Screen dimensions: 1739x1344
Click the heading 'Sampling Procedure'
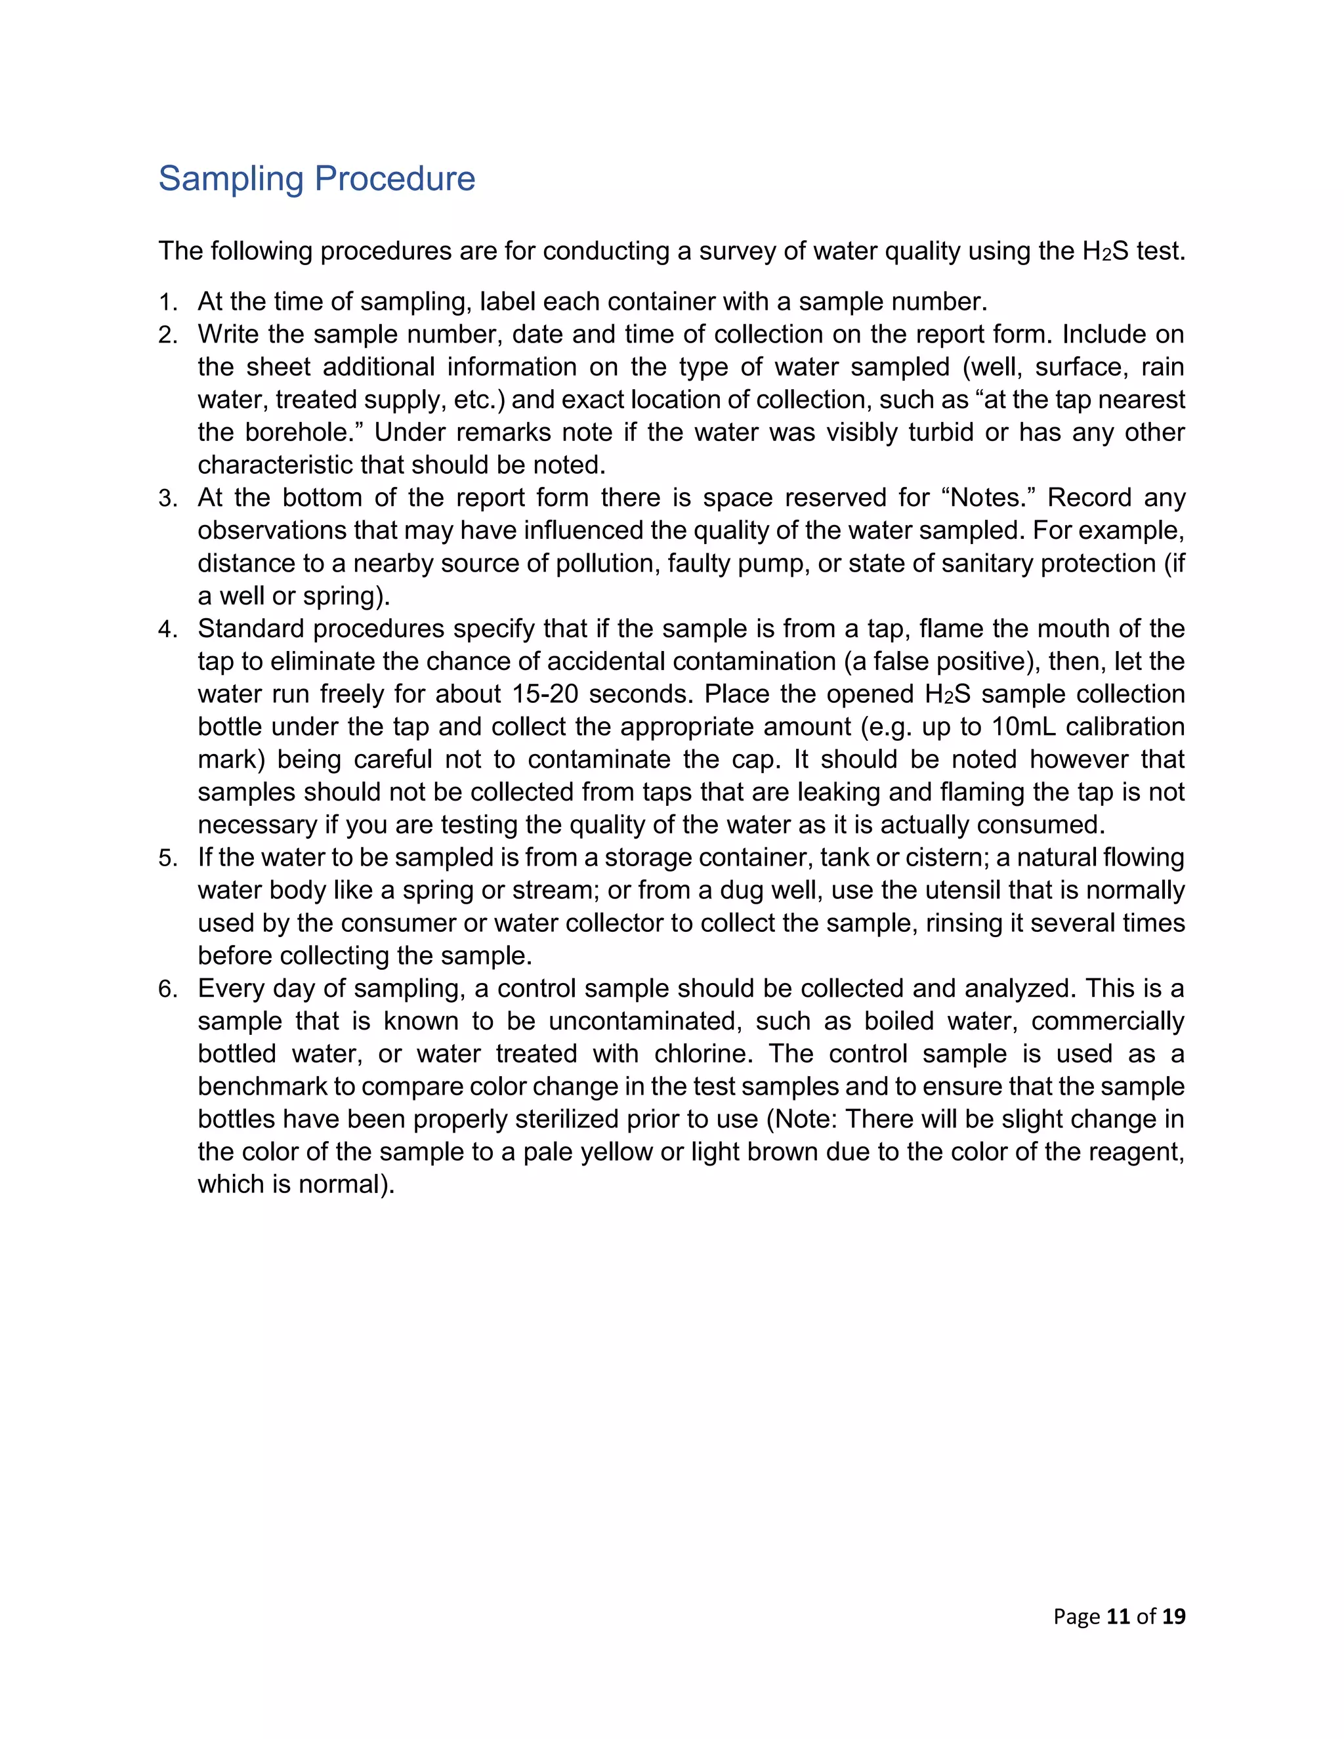tap(316, 178)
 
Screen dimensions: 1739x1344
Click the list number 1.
tap(167, 303)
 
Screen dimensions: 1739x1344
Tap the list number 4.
tap(167, 629)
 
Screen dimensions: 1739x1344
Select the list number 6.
tap(167, 989)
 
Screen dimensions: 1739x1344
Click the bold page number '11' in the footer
tap(1118, 1616)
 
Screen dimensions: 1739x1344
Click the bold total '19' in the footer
tap(1173, 1616)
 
